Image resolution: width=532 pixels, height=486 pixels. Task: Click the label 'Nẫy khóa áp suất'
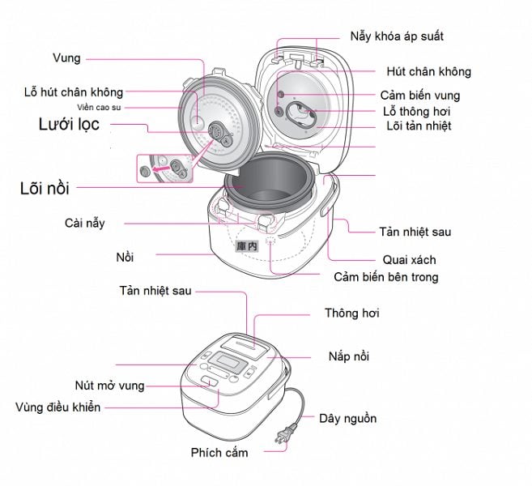click(397, 37)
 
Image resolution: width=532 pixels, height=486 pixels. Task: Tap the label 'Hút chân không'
click(428, 72)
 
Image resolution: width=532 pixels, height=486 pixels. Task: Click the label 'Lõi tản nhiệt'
click(417, 126)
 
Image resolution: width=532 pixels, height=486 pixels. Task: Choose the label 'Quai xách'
click(409, 260)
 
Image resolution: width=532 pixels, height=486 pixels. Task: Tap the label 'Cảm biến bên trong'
click(386, 277)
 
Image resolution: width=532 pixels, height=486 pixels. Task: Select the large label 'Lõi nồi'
click(45, 189)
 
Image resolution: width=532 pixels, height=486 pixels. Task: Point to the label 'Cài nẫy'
click(84, 222)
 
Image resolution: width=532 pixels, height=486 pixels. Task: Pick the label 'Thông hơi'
click(351, 313)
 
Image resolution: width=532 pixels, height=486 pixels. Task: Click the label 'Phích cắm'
click(219, 452)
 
